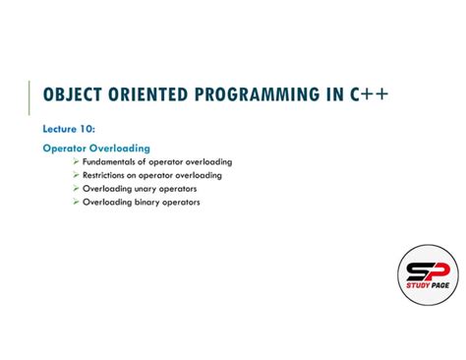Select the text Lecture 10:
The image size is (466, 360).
pos(68,128)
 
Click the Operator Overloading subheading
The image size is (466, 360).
pos(95,149)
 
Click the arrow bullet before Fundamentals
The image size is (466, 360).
pos(76,161)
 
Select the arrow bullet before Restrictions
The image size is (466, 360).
pos(76,175)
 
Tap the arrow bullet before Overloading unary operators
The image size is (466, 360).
pos(76,188)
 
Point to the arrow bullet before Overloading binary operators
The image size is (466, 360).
pos(76,202)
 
